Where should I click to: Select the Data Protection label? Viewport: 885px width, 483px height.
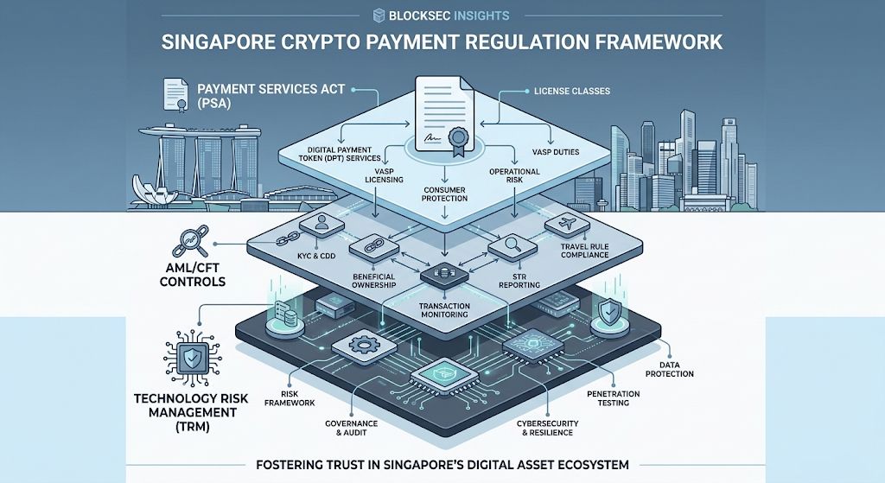[669, 370]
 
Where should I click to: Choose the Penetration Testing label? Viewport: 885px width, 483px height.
[613, 398]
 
